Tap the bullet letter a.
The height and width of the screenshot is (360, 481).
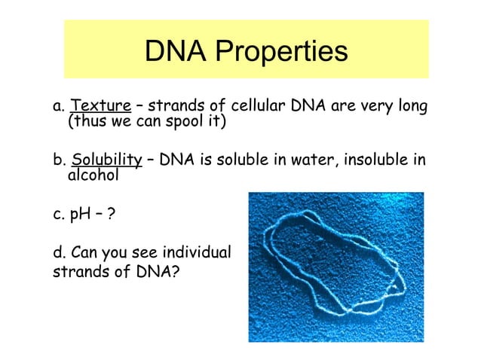[x=57, y=105]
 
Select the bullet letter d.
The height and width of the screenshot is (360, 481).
[x=57, y=252]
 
